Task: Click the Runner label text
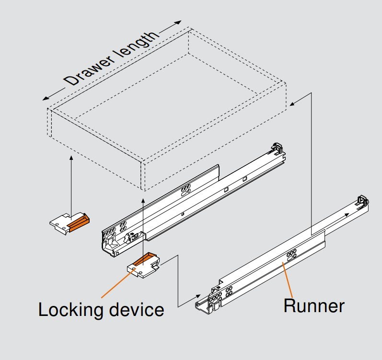coord(313,305)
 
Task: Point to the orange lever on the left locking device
coord(78,221)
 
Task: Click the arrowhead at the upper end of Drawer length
coord(179,22)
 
